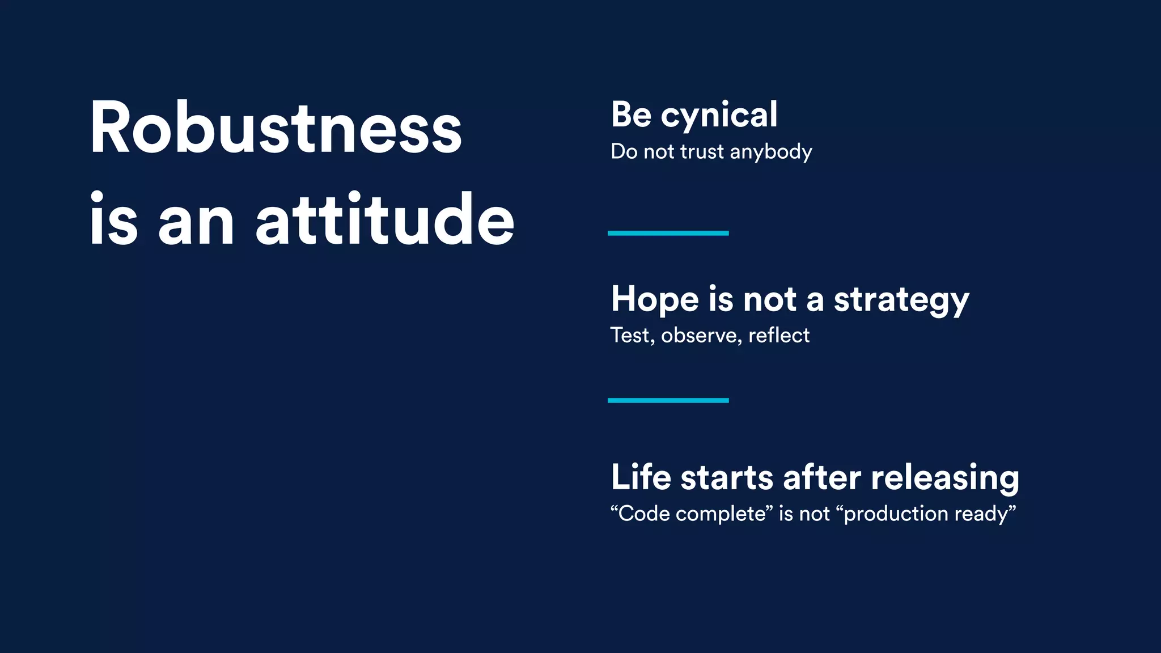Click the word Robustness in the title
click(x=276, y=128)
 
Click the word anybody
click(x=771, y=152)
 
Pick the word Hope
click(x=655, y=300)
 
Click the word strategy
click(x=901, y=300)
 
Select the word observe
click(x=701, y=336)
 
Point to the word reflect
click(x=779, y=336)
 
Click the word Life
click(x=641, y=477)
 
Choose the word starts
click(x=727, y=478)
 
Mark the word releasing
click(x=945, y=478)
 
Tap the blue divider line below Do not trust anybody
click(x=668, y=233)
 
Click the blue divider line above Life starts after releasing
click(x=668, y=400)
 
